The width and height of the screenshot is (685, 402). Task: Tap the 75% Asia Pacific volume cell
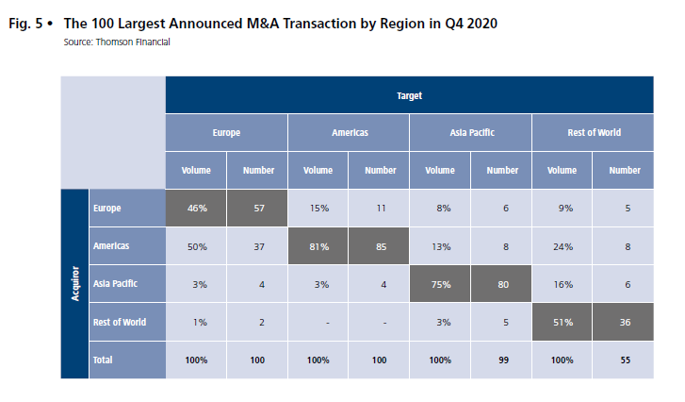(x=440, y=283)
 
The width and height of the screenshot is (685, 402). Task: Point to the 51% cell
(x=563, y=322)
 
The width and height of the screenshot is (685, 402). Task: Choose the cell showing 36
(x=624, y=322)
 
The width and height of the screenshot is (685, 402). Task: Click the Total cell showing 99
(x=501, y=360)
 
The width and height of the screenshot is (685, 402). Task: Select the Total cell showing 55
(x=624, y=360)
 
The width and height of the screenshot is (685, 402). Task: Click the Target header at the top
(x=410, y=95)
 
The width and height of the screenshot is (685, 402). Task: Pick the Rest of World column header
(x=594, y=133)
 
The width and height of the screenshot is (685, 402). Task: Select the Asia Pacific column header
(x=471, y=133)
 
